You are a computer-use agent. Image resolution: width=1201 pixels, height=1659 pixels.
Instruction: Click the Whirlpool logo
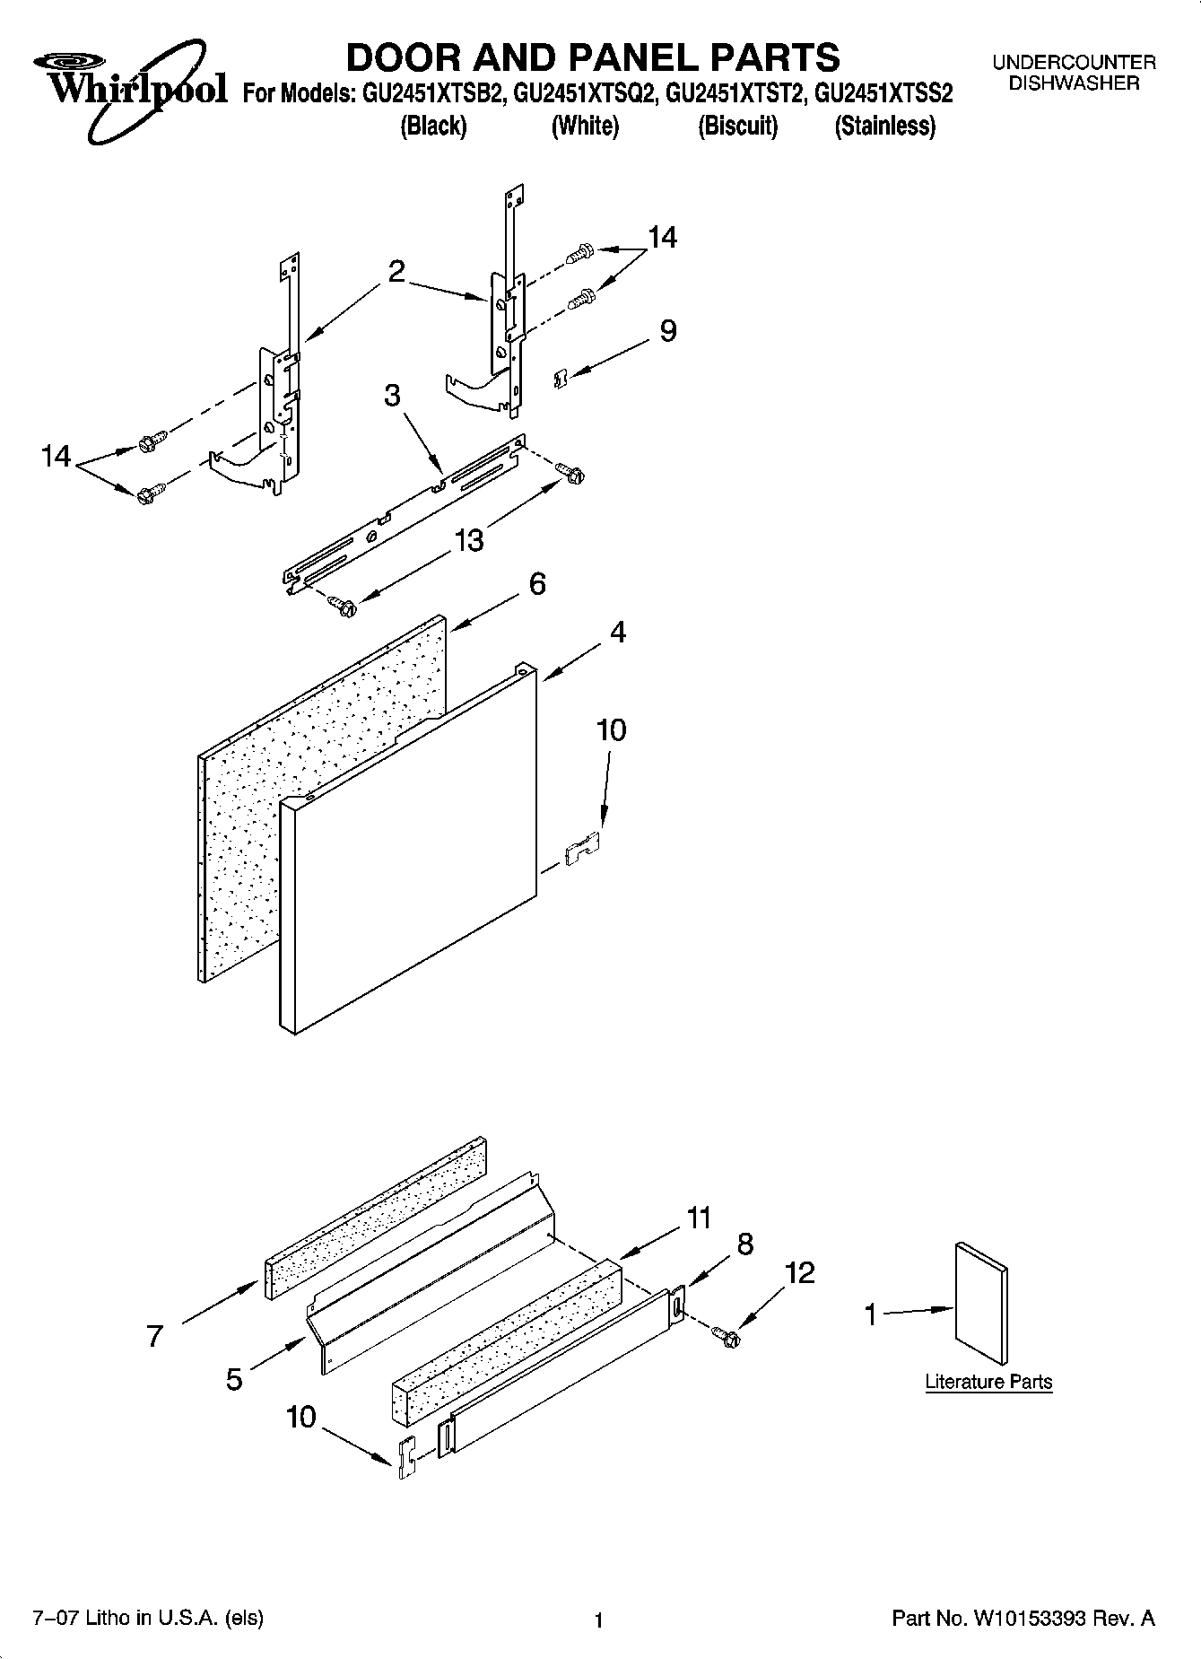(130, 85)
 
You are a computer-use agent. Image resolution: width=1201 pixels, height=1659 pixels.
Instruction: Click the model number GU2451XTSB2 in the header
(433, 93)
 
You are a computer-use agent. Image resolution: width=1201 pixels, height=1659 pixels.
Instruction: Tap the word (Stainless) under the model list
(884, 127)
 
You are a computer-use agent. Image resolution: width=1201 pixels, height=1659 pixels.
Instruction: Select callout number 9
(668, 331)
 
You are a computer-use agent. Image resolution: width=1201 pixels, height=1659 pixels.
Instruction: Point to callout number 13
(469, 540)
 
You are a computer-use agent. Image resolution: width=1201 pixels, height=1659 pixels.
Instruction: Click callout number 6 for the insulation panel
(536, 584)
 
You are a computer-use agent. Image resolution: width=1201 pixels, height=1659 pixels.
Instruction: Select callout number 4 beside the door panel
(617, 632)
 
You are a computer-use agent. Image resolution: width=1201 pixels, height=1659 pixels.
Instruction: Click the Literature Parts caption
(988, 1382)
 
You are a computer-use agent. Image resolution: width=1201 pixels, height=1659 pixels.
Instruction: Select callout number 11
(699, 1218)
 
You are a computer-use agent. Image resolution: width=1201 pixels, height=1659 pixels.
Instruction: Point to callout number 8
(744, 1244)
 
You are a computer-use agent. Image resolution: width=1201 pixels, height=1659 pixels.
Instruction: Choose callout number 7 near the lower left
(155, 1336)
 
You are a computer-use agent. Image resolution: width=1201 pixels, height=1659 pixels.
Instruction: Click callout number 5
(234, 1379)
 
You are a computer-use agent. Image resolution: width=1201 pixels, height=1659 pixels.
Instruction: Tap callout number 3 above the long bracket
(393, 396)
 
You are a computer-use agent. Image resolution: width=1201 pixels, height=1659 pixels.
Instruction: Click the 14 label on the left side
(56, 457)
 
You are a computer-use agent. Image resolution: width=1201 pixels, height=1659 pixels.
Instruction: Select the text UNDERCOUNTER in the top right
(1074, 63)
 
